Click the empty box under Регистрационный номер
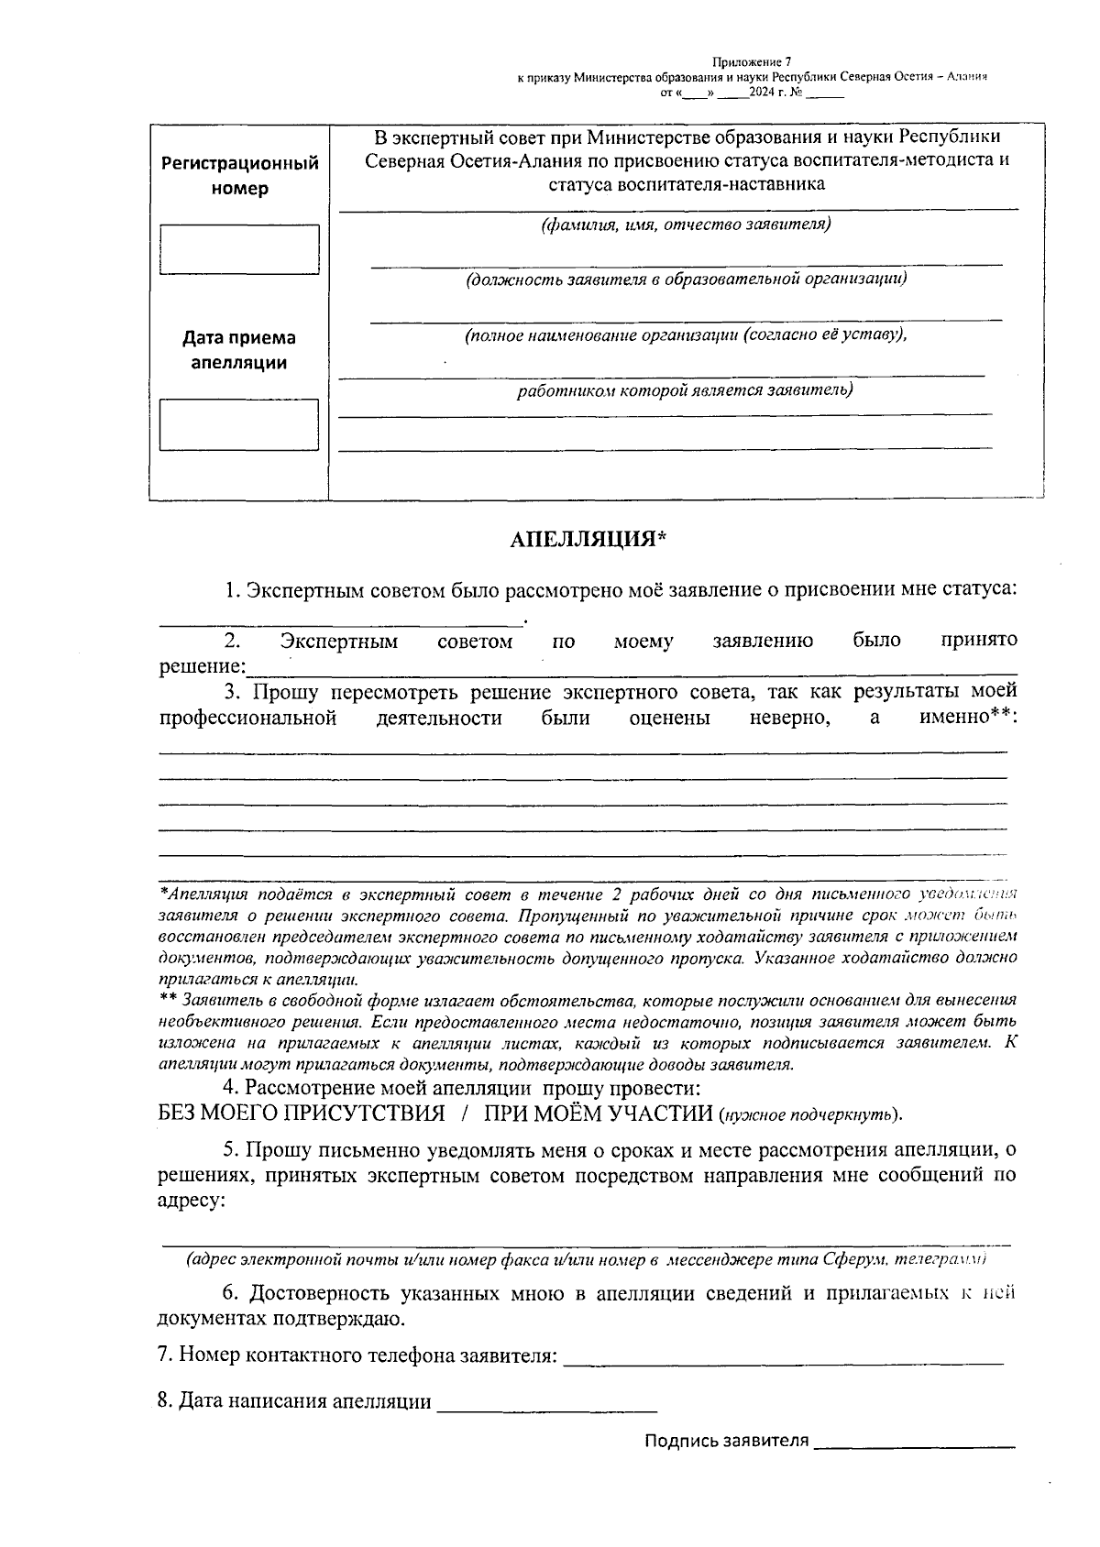[239, 249]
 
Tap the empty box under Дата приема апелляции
[239, 424]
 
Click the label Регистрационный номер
[240, 176]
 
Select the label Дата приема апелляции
[239, 350]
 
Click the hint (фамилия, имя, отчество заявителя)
[686, 225]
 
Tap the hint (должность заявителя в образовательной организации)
[686, 279]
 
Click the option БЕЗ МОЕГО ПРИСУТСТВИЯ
[302, 1114]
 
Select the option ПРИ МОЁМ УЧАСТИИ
[598, 1114]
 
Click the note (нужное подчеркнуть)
[810, 1115]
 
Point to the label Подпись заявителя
[726, 1441]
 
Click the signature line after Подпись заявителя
[914, 1443]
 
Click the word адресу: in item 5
[192, 1200]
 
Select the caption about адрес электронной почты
[587, 1260]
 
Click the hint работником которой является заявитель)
[684, 390]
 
